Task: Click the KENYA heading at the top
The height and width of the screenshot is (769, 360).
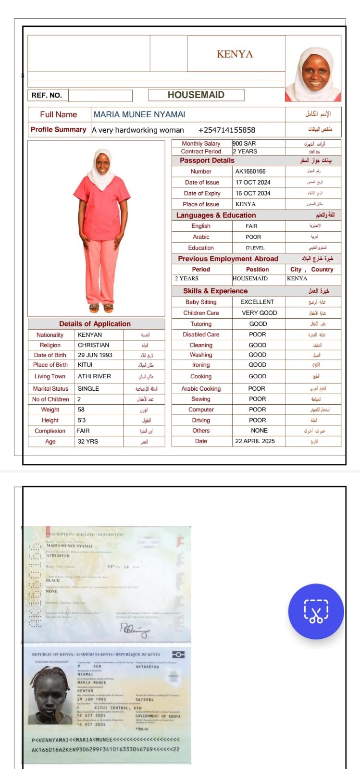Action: click(235, 54)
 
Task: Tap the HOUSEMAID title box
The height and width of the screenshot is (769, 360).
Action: click(196, 95)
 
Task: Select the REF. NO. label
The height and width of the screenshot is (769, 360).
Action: click(47, 95)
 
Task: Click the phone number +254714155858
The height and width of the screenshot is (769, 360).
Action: click(226, 130)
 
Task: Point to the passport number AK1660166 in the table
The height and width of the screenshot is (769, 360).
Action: click(250, 171)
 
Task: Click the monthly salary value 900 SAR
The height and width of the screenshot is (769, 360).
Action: click(244, 143)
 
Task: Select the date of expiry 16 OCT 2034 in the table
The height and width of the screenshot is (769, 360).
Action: click(253, 193)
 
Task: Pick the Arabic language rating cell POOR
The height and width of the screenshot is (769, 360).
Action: click(253, 237)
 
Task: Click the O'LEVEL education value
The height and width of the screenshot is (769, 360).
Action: click(255, 248)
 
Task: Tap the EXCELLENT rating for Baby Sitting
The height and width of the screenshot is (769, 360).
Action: click(257, 302)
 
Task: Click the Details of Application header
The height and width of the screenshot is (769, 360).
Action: click(95, 324)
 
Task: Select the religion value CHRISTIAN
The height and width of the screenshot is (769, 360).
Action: click(93, 345)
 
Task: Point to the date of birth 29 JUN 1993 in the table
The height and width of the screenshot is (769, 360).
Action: click(95, 355)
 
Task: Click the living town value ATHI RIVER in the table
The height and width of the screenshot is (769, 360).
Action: click(94, 376)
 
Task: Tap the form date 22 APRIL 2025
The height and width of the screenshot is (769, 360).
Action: click(255, 441)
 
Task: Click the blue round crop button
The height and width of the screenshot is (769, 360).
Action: click(316, 611)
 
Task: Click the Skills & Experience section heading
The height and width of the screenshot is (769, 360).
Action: click(215, 291)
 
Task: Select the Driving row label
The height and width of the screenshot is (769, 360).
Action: click(201, 420)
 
